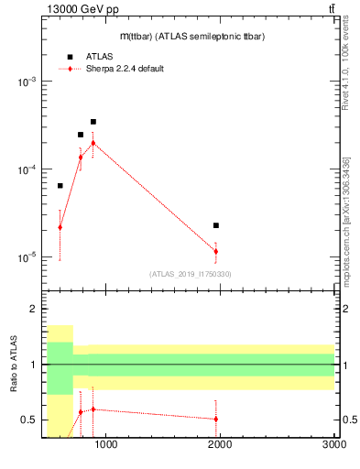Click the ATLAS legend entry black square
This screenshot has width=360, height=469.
[69, 57]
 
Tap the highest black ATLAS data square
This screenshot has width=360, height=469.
[93, 122]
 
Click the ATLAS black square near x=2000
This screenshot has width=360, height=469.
[216, 225]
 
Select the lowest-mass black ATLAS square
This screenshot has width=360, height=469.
[60, 186]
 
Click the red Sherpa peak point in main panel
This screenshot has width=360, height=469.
[93, 143]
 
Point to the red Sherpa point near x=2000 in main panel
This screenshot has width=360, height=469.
[216, 251]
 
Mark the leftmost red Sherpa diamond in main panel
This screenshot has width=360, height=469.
[60, 227]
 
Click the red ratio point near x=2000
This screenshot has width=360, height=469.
[216, 419]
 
